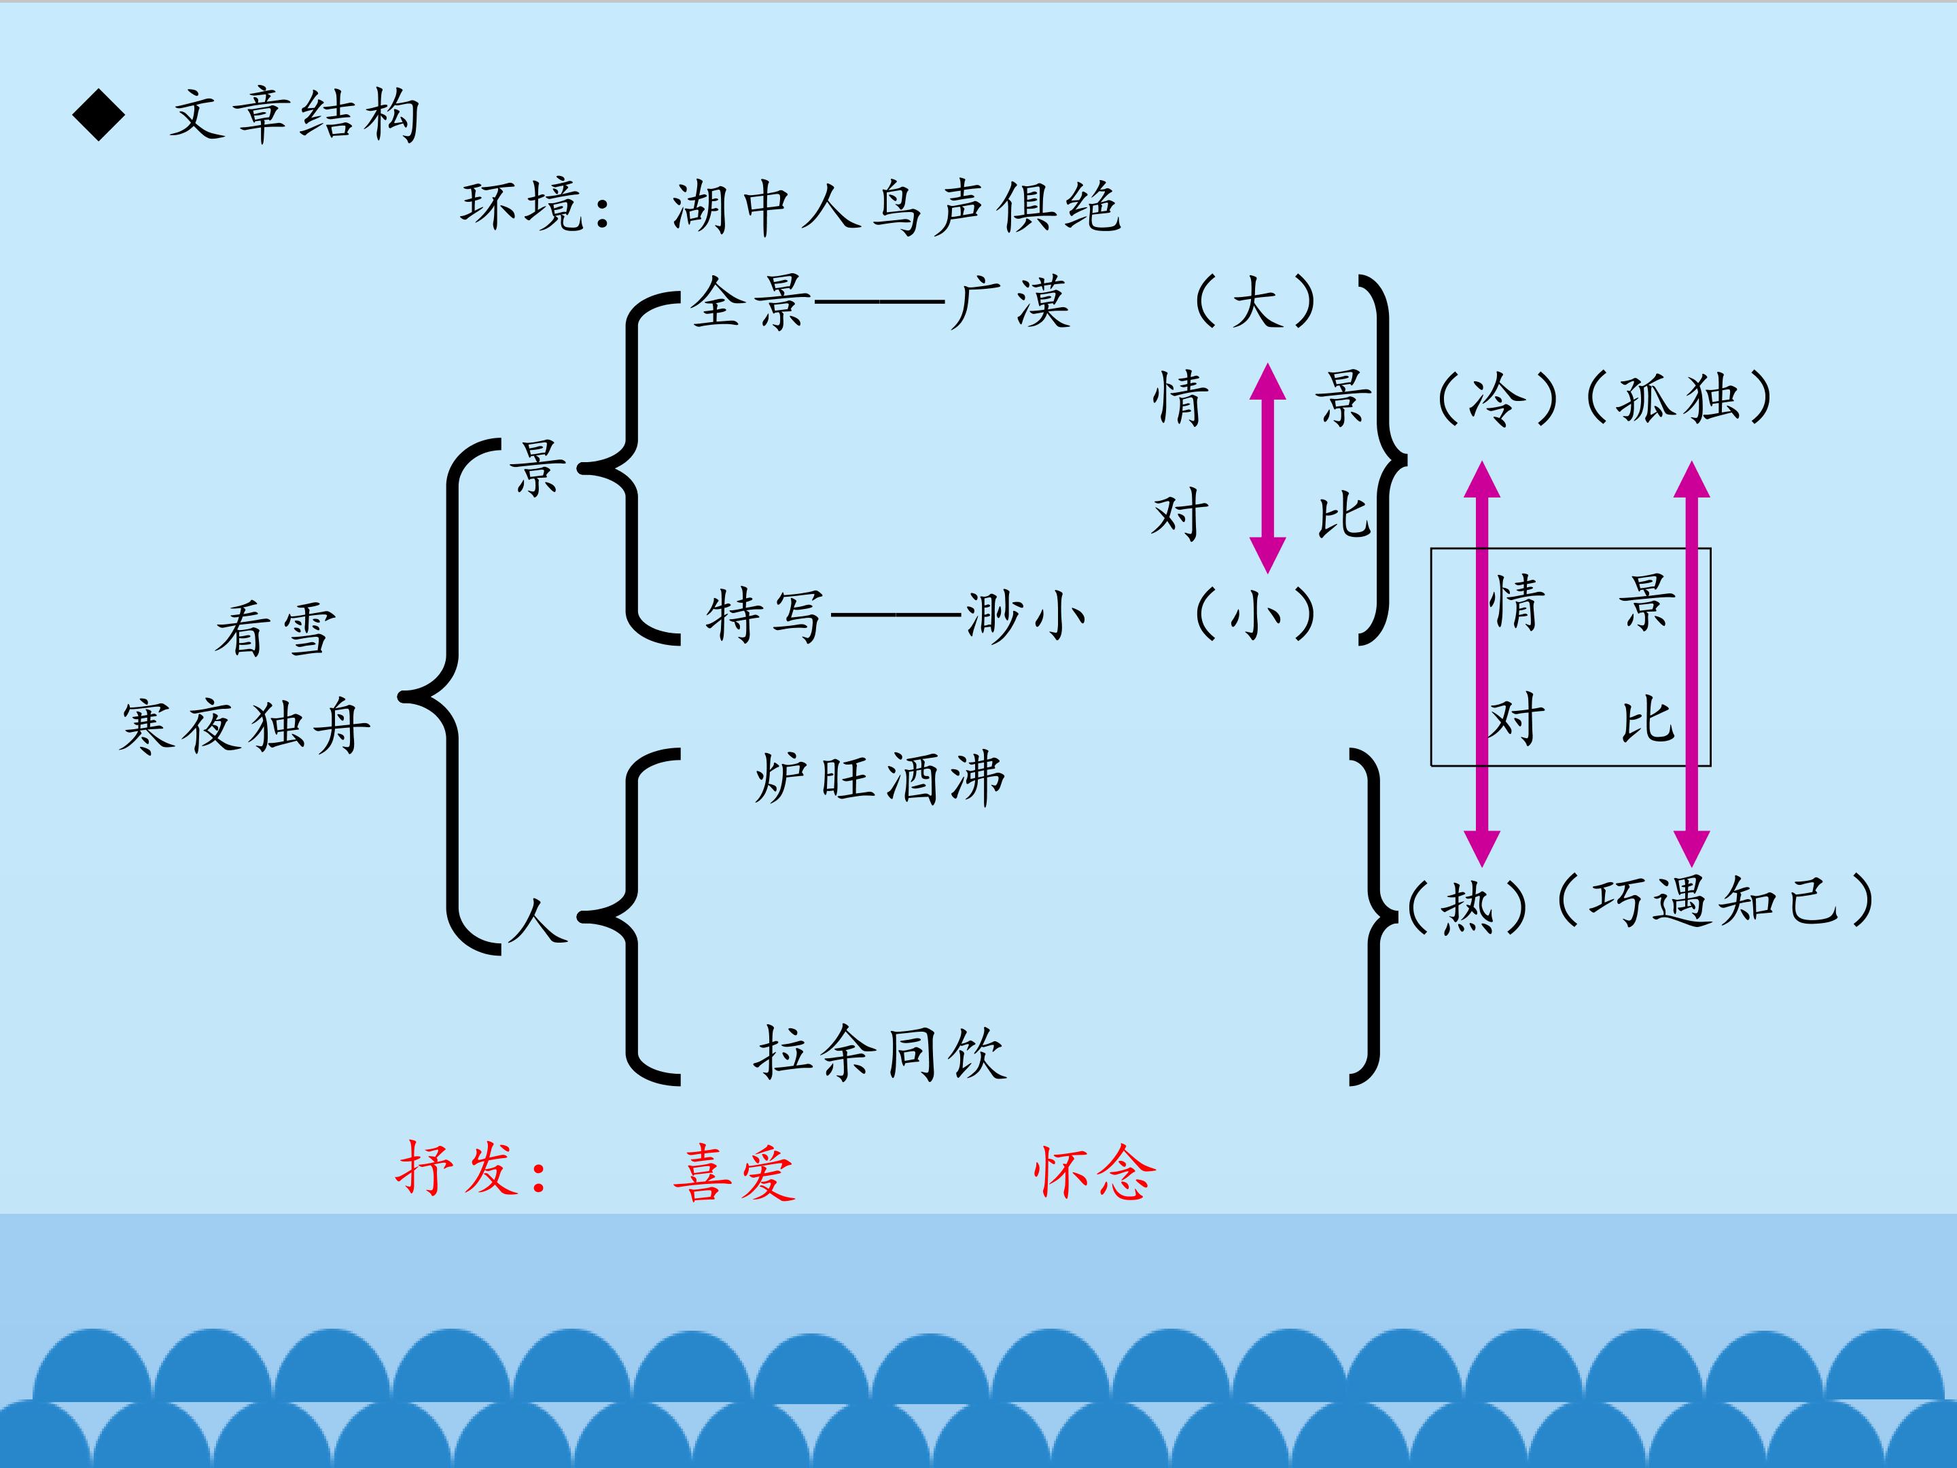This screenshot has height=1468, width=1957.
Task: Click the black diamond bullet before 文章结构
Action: [99, 115]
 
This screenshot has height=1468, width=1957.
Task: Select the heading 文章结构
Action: [295, 116]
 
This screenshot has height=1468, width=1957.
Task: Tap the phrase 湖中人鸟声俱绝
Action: [896, 208]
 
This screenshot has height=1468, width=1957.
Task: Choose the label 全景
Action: [750, 302]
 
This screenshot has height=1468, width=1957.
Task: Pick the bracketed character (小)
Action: [1254, 614]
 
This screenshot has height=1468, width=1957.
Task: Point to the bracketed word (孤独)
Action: [1679, 398]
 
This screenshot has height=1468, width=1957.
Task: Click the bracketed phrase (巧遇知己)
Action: [1714, 902]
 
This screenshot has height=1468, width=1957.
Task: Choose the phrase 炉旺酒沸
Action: [880, 779]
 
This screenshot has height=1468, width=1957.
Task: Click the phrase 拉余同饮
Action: [880, 1053]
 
